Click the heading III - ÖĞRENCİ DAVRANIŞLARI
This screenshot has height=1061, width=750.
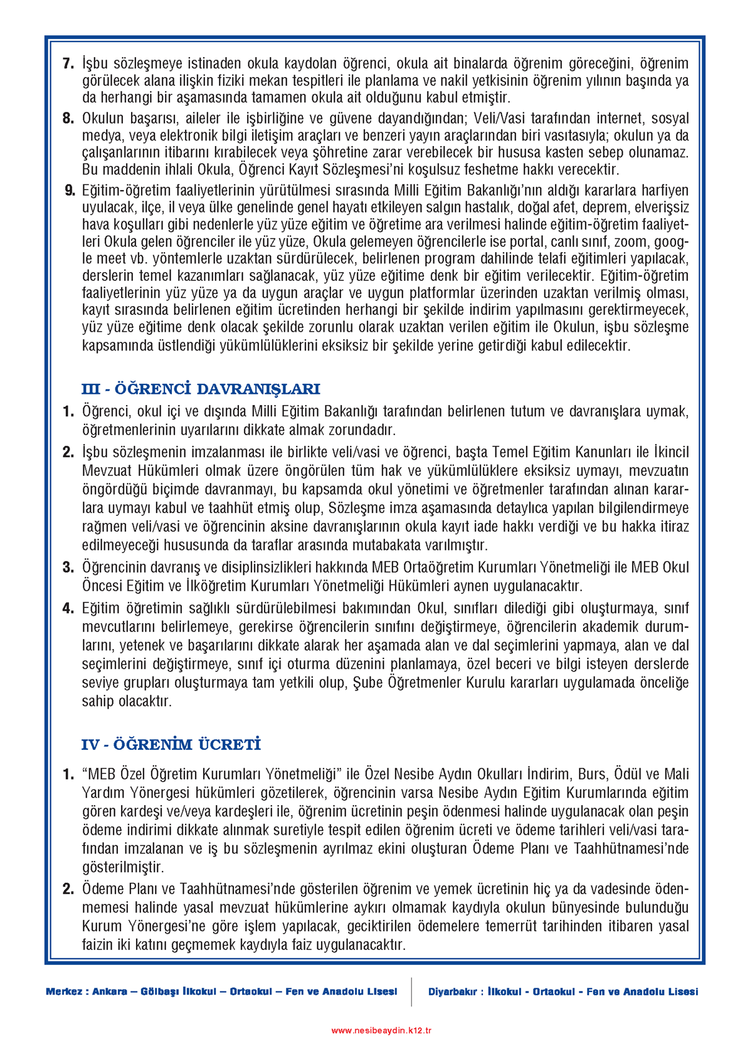(x=201, y=389)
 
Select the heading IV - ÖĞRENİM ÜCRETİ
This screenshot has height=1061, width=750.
(x=171, y=745)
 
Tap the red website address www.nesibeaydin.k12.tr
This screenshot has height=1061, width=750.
(x=381, y=1031)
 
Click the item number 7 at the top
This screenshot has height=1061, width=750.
(x=68, y=63)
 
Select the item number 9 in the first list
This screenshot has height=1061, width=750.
(x=70, y=191)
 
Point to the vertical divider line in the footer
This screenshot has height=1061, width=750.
(x=411, y=992)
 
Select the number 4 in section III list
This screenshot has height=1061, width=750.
(x=68, y=608)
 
